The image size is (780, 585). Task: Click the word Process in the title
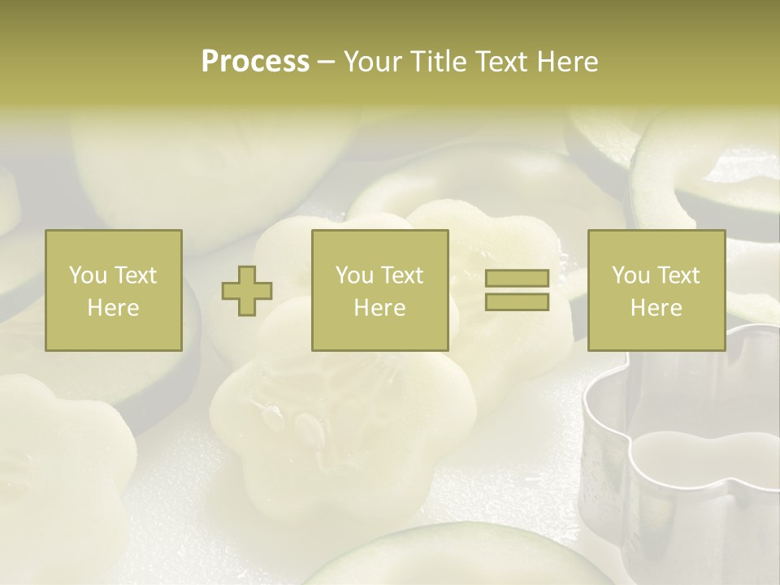click(x=255, y=62)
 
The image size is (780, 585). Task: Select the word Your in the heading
click(x=374, y=62)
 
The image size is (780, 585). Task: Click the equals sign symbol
click(x=517, y=290)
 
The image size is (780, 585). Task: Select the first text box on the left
click(x=114, y=290)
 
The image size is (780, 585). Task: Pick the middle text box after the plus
click(x=380, y=290)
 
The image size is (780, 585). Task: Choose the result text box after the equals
click(x=656, y=290)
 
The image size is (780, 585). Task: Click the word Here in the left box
click(x=114, y=308)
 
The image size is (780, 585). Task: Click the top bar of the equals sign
click(x=517, y=279)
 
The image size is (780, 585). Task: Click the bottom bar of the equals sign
click(x=517, y=302)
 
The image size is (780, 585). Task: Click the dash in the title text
click(x=327, y=63)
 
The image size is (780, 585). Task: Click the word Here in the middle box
click(x=380, y=308)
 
